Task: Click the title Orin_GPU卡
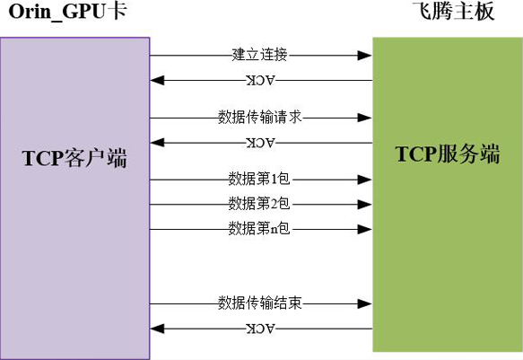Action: [x=67, y=12]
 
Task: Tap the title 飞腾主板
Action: [x=453, y=11]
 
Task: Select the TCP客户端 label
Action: [x=74, y=158]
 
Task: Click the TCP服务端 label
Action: [x=448, y=154]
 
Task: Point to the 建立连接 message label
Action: [x=259, y=55]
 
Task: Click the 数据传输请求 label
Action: [x=260, y=117]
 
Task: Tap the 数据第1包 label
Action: [x=259, y=179]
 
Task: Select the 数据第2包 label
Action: [x=259, y=204]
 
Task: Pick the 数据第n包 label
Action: [x=259, y=229]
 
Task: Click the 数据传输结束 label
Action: [x=260, y=303]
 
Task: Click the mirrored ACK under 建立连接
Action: [x=261, y=81]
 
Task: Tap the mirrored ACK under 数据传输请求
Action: [x=261, y=143]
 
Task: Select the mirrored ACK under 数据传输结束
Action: [x=261, y=329]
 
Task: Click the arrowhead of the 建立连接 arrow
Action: [x=364, y=56]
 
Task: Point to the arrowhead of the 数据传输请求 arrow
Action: [x=364, y=118]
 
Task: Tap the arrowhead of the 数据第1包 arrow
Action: [x=364, y=180]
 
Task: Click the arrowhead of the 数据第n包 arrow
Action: [x=364, y=229]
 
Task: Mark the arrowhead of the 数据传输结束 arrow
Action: [x=364, y=304]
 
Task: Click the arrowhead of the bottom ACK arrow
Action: [x=157, y=329]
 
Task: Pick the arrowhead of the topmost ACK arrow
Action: [x=157, y=81]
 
